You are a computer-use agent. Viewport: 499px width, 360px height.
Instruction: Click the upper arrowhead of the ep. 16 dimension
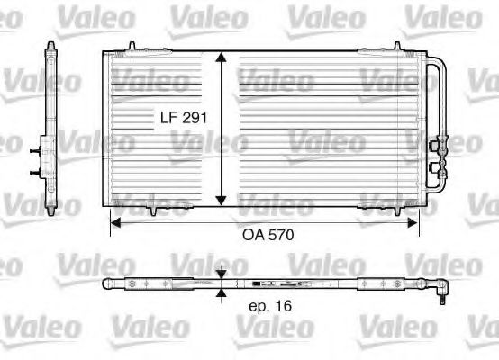(x=222, y=274)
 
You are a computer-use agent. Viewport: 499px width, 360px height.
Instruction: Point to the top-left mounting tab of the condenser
(x=132, y=46)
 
